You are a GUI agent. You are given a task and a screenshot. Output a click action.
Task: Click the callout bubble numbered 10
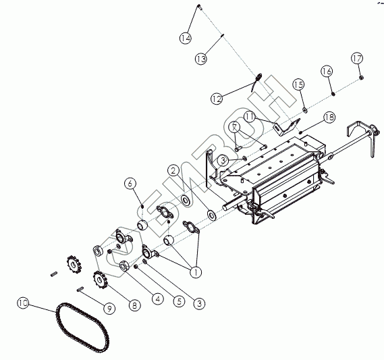pyautogui.click(x=23, y=303)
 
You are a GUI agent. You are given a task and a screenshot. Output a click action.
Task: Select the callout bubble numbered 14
pyautogui.click(x=186, y=38)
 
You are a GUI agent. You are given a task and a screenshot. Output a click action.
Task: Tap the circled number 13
pyautogui.click(x=201, y=59)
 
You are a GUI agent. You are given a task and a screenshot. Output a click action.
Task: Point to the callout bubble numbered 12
pyautogui.click(x=217, y=99)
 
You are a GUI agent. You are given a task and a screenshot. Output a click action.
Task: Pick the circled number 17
pyautogui.click(x=357, y=59)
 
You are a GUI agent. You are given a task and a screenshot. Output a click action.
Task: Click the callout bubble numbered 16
pyautogui.click(x=327, y=71)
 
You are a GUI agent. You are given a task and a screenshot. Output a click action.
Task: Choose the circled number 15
pyautogui.click(x=298, y=85)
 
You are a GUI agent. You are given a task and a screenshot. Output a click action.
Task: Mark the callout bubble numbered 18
pyautogui.click(x=329, y=117)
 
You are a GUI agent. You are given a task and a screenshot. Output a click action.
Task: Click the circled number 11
pyautogui.click(x=250, y=117)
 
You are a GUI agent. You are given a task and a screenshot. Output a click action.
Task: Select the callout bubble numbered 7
pyautogui.click(x=235, y=127)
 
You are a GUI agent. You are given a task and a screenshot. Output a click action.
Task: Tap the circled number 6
pyautogui.click(x=130, y=183)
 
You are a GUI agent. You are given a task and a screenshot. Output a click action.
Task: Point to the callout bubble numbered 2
pyautogui.click(x=173, y=171)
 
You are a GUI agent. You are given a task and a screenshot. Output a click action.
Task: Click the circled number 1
pyautogui.click(x=196, y=272)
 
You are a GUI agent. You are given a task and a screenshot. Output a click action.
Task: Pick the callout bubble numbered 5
pyautogui.click(x=180, y=301)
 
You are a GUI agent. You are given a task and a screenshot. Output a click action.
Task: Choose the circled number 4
pyautogui.click(x=157, y=299)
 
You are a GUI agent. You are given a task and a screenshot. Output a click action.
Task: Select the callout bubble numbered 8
pyautogui.click(x=134, y=305)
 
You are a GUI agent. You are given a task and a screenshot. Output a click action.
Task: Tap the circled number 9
pyautogui.click(x=109, y=308)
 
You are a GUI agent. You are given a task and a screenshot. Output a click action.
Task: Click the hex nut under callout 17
pyautogui.click(x=362, y=78)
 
